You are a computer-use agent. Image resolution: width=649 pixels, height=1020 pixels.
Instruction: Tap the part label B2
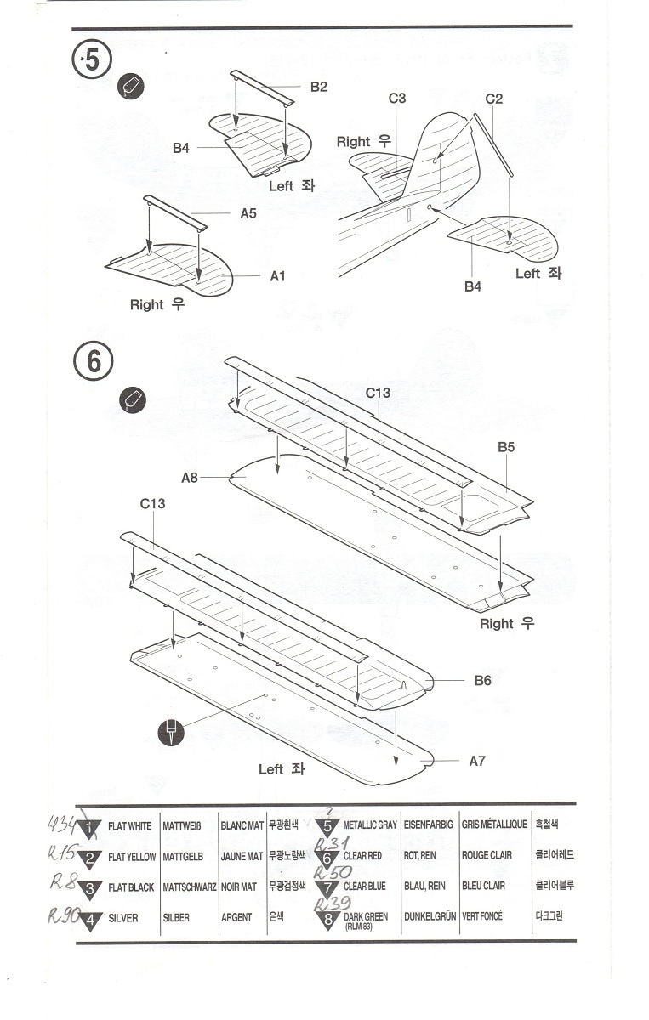pyautogui.click(x=318, y=87)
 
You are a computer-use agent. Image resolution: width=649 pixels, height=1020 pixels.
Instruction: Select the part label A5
pyautogui.click(x=248, y=213)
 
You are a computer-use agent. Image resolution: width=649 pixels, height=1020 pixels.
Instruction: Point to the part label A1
pyautogui.click(x=278, y=276)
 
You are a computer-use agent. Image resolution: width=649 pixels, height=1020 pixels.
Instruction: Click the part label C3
pyautogui.click(x=397, y=99)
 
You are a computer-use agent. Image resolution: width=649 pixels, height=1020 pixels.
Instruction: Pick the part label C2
pyautogui.click(x=494, y=99)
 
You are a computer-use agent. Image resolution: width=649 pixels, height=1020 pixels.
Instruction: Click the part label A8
pyautogui.click(x=190, y=478)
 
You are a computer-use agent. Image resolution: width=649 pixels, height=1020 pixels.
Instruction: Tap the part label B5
pyautogui.click(x=506, y=446)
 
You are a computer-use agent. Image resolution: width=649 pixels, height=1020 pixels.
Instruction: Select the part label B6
pyautogui.click(x=483, y=681)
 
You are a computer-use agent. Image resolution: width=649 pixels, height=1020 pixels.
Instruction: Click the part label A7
pyautogui.click(x=477, y=761)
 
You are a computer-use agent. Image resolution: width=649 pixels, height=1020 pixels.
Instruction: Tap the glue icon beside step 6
pyautogui.click(x=134, y=399)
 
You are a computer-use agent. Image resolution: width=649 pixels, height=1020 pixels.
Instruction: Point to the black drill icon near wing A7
pyautogui.click(x=171, y=732)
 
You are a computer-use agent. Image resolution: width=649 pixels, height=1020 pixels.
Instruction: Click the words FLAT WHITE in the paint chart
pyautogui.click(x=130, y=825)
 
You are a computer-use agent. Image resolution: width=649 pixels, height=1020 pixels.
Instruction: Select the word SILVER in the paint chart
pyautogui.click(x=122, y=918)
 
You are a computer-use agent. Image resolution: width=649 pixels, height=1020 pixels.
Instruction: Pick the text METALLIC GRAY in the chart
pyautogui.click(x=370, y=825)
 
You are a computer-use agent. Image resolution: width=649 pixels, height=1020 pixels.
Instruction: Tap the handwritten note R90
pyautogui.click(x=63, y=915)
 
